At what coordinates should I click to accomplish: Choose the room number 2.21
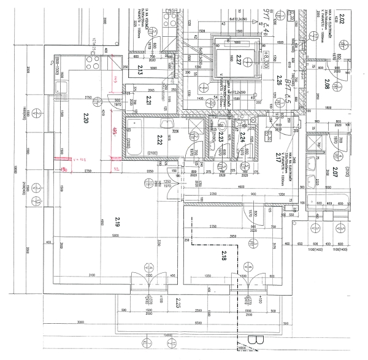[148, 100]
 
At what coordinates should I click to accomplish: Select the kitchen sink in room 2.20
[62, 88]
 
